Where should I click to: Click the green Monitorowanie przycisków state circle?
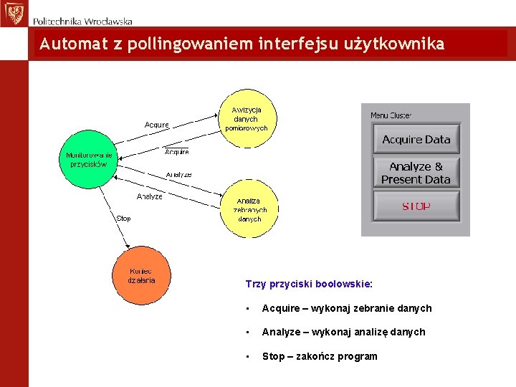pyautogui.click(x=88, y=159)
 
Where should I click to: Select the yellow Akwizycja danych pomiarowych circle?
pyautogui.click(x=247, y=118)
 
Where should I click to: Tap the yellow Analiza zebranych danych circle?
pyautogui.click(x=250, y=209)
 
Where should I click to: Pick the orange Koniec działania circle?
pyautogui.click(x=142, y=275)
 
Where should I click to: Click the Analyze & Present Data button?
pyautogui.click(x=416, y=173)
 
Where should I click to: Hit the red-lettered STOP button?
pyautogui.click(x=416, y=206)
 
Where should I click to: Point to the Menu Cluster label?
pyautogui.click(x=391, y=115)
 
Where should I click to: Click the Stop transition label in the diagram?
pyautogui.click(x=124, y=219)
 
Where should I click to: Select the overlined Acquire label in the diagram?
pyautogui.click(x=177, y=152)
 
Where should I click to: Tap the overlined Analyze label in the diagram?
pyautogui.click(x=178, y=174)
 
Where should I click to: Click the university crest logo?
pyautogui.click(x=13, y=13)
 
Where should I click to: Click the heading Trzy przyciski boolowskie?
pyautogui.click(x=309, y=284)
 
